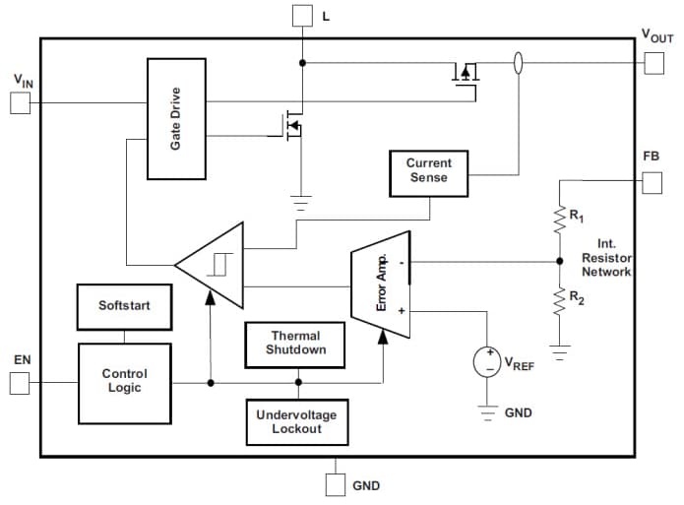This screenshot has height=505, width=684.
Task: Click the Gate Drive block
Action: pos(176,118)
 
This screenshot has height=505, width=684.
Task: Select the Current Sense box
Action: pos(428,170)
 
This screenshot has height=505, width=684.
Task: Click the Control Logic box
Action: pos(124,381)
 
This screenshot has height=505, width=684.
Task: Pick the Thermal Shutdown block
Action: pos(295,344)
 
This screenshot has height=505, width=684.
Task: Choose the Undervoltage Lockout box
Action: pos(296,421)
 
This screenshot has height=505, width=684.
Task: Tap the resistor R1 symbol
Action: pos(559,219)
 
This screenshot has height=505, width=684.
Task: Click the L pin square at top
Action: pos(302,15)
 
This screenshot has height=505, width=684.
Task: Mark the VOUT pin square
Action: pos(653,62)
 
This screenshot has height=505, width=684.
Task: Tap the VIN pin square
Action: pos(20,102)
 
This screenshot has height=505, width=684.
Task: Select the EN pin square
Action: pos(20,383)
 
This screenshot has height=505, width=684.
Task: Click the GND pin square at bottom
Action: pos(336,483)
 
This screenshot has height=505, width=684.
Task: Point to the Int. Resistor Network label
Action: pos(606,257)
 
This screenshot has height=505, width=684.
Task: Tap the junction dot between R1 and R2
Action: pos(559,262)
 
